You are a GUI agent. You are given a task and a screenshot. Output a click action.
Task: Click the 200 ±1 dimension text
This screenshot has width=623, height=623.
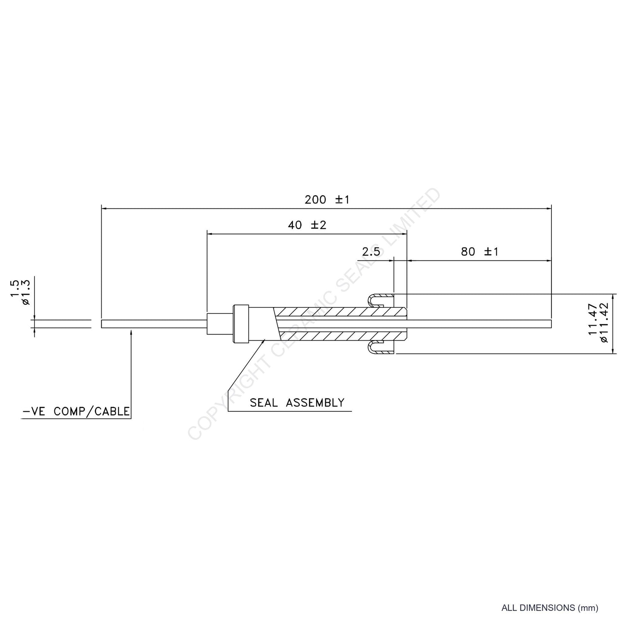(x=327, y=200)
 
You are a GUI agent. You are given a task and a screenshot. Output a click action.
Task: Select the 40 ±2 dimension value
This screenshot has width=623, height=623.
(x=307, y=225)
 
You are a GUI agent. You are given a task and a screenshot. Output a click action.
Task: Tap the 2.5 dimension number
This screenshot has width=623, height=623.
(x=371, y=251)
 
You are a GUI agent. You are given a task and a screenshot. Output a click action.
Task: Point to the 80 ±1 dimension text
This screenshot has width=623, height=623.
(x=479, y=251)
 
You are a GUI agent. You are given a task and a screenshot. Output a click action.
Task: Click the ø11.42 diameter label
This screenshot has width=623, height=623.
(x=604, y=323)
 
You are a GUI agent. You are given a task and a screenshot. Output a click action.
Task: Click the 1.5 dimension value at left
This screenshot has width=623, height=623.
(x=15, y=289)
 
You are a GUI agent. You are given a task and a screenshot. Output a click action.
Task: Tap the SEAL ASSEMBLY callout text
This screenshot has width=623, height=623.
(x=297, y=403)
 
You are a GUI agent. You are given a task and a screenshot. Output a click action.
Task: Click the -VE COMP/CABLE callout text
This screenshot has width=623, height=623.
(x=76, y=411)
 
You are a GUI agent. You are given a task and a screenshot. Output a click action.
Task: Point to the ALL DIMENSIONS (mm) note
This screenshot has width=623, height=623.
(x=550, y=608)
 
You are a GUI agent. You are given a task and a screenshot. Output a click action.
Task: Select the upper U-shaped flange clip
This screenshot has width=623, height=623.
(x=379, y=299)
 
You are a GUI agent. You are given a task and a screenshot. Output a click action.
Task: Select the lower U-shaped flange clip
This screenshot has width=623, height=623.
(x=379, y=348)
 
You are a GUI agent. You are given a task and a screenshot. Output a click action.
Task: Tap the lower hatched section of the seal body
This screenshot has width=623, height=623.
(x=341, y=335)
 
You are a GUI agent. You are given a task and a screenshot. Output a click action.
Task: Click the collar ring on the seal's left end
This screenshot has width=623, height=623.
(x=241, y=324)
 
